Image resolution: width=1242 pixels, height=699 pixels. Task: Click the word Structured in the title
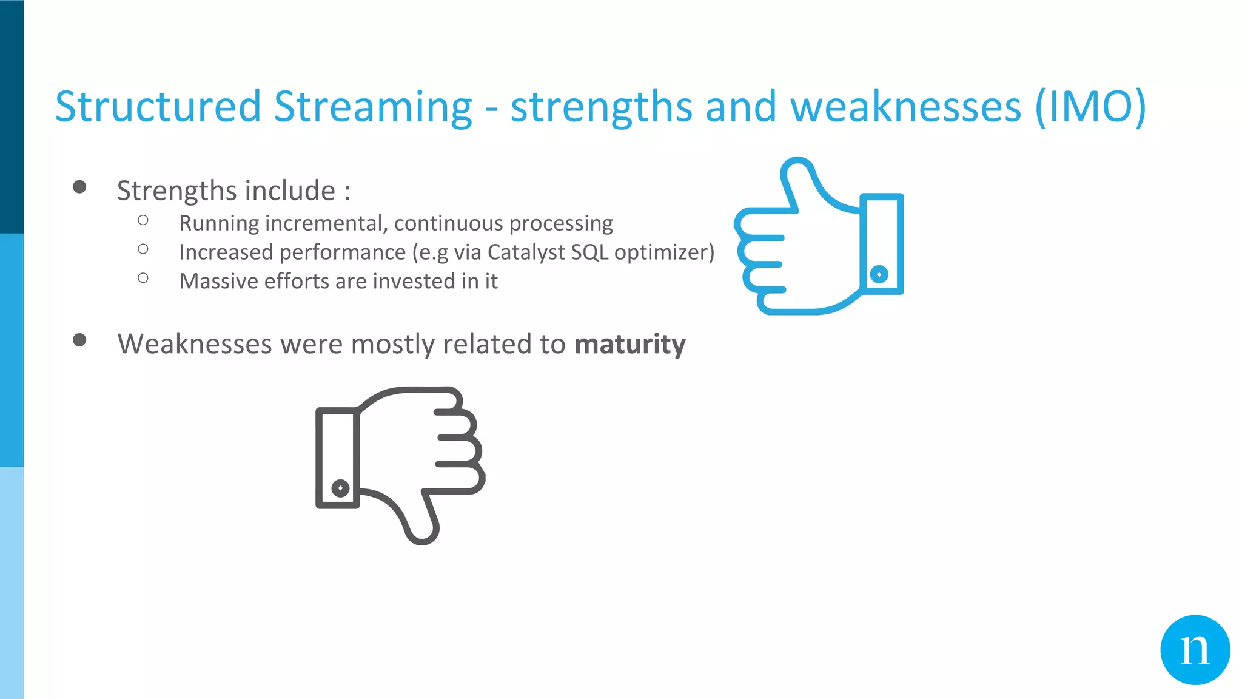[x=158, y=107]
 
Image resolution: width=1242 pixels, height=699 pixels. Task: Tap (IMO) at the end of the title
[x=1090, y=107]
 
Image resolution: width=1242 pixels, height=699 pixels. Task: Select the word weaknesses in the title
[x=906, y=107]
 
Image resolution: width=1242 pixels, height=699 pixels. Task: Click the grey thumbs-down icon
[x=400, y=461]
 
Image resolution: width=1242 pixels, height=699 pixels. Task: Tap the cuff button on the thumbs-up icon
[x=879, y=274]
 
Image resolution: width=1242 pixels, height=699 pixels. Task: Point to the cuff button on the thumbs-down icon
[x=340, y=488]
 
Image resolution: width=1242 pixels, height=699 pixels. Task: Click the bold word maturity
[x=629, y=344]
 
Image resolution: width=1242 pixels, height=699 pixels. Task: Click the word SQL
[x=582, y=252]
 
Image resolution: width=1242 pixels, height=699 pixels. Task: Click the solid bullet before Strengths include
[x=79, y=187]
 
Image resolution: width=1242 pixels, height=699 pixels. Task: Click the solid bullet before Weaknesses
[x=79, y=340]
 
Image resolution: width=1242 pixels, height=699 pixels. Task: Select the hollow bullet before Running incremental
[x=143, y=220]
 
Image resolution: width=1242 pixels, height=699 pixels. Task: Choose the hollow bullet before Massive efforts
[x=143, y=279]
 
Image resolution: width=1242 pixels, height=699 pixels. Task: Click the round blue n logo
[x=1195, y=650]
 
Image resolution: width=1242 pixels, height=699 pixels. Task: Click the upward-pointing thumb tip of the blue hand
[x=797, y=167]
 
